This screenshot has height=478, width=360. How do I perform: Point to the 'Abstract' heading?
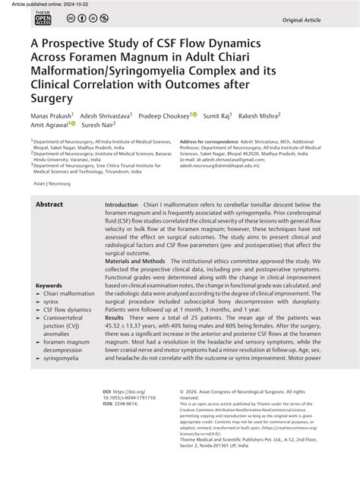(x=49, y=205)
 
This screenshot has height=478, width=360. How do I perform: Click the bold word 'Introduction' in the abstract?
(x=122, y=206)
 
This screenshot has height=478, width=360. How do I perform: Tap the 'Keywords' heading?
(x=49, y=286)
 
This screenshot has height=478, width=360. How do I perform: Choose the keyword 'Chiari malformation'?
(x=69, y=294)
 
